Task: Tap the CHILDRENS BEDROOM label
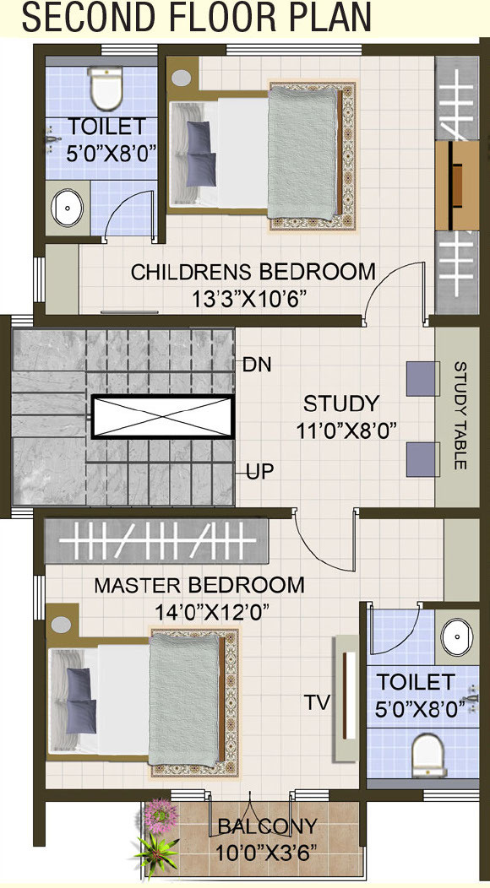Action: [253, 272]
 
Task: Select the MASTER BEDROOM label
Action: [199, 585]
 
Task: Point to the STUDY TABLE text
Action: [460, 415]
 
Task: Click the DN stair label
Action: [257, 365]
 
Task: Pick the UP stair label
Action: [259, 470]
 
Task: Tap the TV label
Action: [317, 702]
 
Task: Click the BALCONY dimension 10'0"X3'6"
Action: [265, 851]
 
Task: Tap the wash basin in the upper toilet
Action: [68, 208]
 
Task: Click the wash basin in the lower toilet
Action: [457, 636]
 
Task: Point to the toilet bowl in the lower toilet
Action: [430, 755]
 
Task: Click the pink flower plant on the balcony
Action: [161, 815]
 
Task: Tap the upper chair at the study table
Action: [422, 379]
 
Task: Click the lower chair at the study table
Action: [422, 459]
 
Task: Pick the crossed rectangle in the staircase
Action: [162, 416]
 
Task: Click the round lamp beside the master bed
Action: [61, 624]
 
